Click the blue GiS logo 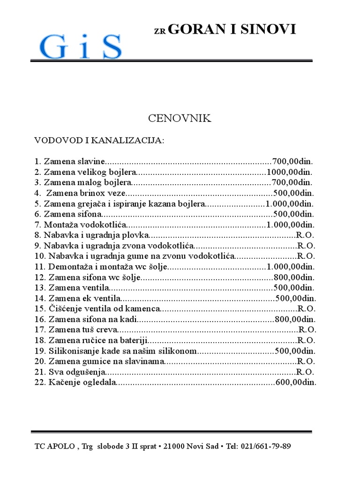[81, 46]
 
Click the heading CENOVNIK [180, 119]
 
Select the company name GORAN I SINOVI [232, 30]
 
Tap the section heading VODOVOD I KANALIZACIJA [99, 141]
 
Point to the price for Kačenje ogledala [296, 382]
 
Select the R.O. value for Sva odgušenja [305, 372]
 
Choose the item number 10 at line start [39, 256]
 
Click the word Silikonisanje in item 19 [73, 351]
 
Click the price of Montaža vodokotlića [291, 225]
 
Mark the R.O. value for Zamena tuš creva [307, 330]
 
